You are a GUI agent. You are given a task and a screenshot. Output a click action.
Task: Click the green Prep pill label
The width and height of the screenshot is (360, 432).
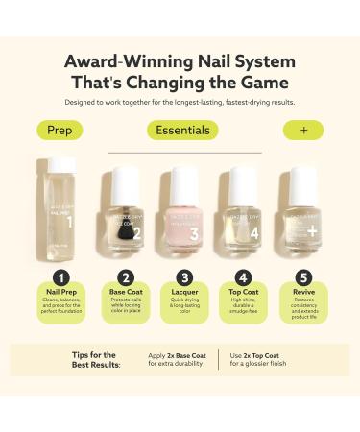[59, 130]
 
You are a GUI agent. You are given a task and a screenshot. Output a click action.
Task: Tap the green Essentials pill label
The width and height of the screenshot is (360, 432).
[182, 130]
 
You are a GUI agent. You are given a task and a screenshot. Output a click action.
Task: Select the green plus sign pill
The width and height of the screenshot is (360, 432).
[302, 130]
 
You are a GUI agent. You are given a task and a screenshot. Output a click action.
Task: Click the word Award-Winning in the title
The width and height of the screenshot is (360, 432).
[119, 60]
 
